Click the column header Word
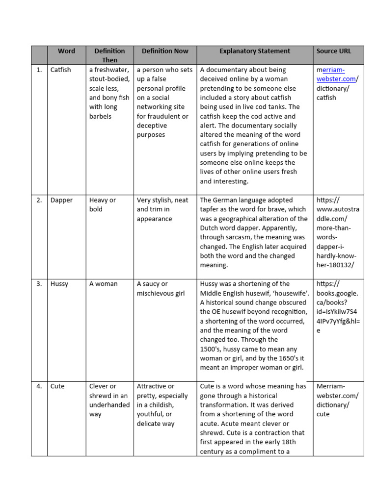point(66,51)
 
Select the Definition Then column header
point(109,55)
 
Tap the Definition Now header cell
point(164,51)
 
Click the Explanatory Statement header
point(254,51)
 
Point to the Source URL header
point(334,51)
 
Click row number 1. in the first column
point(39,70)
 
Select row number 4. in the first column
point(39,386)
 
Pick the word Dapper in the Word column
point(61,200)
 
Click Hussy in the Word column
point(59,284)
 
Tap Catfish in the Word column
point(61,70)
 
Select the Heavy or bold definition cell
point(103,204)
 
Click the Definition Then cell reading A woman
point(103,284)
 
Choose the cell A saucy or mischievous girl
point(161,288)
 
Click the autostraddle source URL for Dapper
point(337,232)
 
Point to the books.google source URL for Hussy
point(337,307)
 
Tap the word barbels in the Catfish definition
point(101,117)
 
